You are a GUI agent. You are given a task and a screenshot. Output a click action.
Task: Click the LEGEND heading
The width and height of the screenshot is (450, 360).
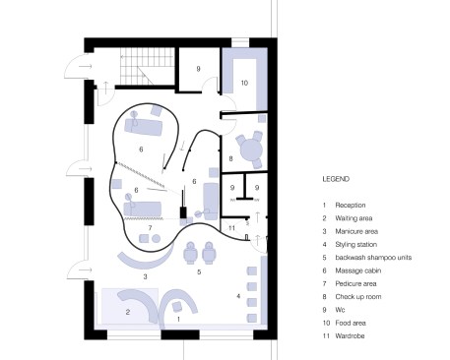click(336, 179)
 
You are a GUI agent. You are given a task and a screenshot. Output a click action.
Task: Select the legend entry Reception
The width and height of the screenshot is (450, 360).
click(351, 206)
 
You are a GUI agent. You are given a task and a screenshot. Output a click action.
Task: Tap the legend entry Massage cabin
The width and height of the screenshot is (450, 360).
click(358, 270)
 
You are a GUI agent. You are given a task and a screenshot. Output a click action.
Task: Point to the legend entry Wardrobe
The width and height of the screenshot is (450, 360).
click(350, 335)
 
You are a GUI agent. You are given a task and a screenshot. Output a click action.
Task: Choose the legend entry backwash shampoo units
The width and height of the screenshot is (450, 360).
click(373, 258)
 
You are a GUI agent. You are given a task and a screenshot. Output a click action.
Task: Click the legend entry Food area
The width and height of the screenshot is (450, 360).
click(351, 323)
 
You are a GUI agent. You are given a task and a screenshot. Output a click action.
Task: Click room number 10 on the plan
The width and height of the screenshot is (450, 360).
click(244, 83)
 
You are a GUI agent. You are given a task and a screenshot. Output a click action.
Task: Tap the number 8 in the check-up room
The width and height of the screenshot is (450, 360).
click(230, 158)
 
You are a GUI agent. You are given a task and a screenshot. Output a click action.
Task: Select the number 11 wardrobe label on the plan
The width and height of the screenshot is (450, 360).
click(231, 228)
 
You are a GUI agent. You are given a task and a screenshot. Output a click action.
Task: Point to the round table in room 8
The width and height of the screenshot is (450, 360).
click(251, 150)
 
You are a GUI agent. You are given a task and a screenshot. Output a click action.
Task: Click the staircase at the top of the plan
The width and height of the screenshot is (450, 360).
click(147, 66)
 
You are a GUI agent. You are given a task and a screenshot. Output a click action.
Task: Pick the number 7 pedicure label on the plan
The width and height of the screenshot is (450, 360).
click(150, 228)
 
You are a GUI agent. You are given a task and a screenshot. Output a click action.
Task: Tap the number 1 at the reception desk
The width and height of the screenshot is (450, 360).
click(178, 319)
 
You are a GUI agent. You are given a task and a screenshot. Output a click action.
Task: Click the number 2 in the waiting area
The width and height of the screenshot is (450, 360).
click(128, 312)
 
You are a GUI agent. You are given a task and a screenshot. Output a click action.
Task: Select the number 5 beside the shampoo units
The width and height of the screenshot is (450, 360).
click(199, 272)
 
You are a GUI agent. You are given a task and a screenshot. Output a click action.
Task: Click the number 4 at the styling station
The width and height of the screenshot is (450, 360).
click(238, 296)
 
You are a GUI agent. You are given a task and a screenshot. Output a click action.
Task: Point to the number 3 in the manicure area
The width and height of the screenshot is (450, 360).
click(145, 277)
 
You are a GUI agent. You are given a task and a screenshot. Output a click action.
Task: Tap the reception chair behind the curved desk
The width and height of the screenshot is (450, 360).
click(177, 306)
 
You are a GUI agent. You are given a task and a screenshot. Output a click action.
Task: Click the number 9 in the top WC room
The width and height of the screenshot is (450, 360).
click(198, 69)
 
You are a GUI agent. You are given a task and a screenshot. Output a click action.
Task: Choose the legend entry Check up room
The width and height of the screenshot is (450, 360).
click(358, 297)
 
